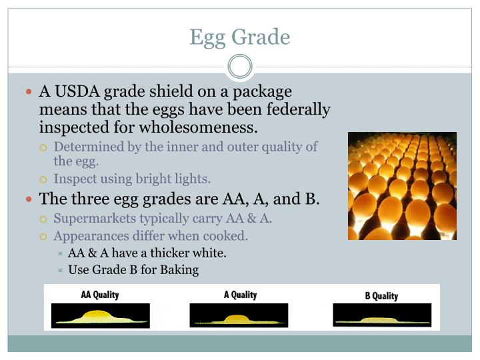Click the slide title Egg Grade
(x=240, y=37)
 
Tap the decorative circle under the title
(x=240, y=67)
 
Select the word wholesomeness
(x=200, y=126)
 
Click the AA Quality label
(x=99, y=295)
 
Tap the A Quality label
(x=240, y=295)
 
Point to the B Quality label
(x=381, y=295)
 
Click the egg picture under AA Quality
(x=101, y=315)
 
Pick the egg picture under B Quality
(x=381, y=315)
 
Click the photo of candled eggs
(x=402, y=186)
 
